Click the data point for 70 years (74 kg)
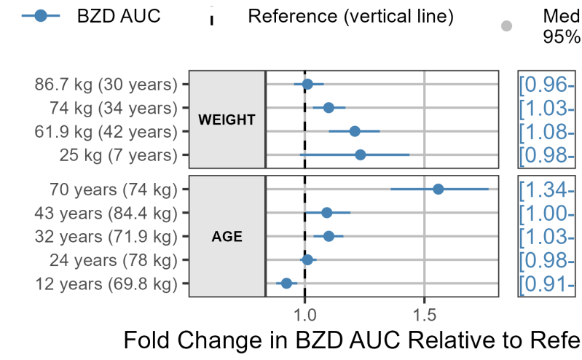pos(439,189)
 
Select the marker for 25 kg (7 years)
pos(361,154)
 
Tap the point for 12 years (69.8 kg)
pos(286,283)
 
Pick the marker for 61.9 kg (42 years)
pos(355,131)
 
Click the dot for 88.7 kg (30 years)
pos(307,85)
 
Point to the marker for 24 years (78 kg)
pos(307,259)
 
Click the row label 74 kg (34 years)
pos(114,108)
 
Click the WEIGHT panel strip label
pos(227,120)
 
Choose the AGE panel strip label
pos(227,236)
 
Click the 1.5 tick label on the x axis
pos(425,315)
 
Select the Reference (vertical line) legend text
pos(351,16)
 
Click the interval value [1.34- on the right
pos(547,189)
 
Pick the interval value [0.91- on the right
pos(547,283)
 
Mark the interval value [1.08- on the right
pos(547,132)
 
